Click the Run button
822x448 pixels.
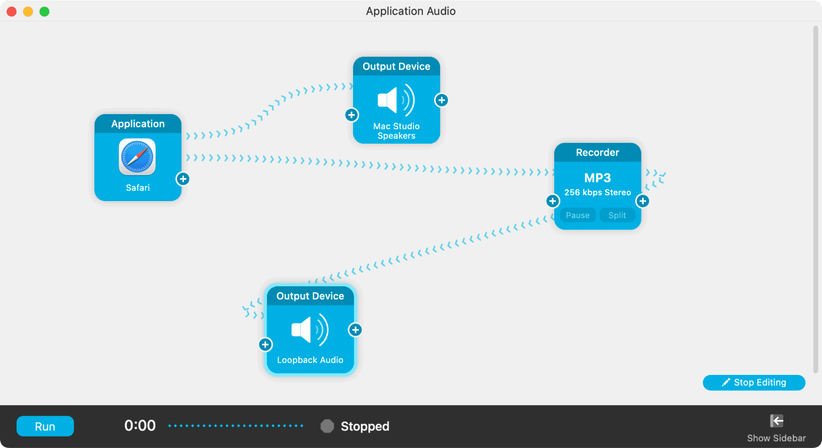tap(45, 426)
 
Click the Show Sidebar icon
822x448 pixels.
tap(777, 421)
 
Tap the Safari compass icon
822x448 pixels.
tap(137, 157)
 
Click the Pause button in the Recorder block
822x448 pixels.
tap(578, 216)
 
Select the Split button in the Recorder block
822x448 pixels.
tap(617, 216)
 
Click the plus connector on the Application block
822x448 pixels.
tap(183, 179)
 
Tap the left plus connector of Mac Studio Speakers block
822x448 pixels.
tap(352, 115)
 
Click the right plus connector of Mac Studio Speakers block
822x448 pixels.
tap(442, 100)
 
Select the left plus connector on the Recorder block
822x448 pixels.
tap(552, 201)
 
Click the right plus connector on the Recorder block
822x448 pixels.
tap(643, 201)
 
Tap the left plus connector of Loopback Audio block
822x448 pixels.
tap(265, 344)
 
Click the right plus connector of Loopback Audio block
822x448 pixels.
tap(356, 330)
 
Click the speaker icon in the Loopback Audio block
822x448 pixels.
tap(309, 330)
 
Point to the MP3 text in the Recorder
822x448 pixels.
tap(597, 178)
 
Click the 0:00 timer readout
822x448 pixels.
tap(140, 426)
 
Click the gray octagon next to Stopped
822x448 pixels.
tap(327, 426)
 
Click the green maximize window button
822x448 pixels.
tap(44, 11)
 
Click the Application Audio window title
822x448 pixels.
tap(410, 11)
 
